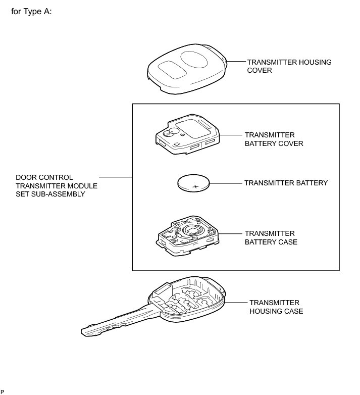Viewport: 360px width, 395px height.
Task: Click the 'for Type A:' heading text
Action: point(31,11)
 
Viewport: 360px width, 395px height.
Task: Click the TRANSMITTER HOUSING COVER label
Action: point(275,66)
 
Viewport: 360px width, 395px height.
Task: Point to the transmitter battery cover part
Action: point(187,132)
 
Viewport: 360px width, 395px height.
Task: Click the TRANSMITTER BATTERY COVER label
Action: point(274,139)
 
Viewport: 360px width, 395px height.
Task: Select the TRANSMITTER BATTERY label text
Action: point(286,183)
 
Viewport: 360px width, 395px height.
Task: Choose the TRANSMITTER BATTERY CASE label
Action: point(271,238)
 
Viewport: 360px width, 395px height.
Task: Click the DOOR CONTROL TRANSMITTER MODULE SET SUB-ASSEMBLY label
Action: point(57,185)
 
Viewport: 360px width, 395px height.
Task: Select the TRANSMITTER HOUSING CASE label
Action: point(276,307)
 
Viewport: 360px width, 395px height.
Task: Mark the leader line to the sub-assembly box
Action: point(116,177)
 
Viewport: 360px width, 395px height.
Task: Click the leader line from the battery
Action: point(228,183)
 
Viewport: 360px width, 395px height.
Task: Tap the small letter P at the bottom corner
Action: point(2,391)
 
